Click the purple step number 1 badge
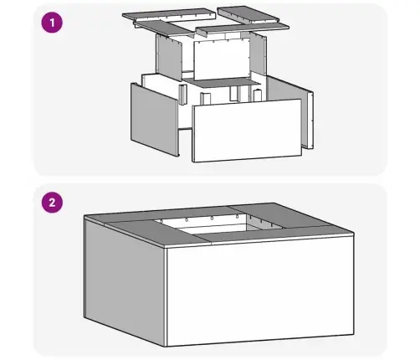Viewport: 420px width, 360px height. point(52,23)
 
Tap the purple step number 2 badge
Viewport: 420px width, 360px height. point(52,203)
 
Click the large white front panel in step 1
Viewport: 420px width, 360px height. point(247,130)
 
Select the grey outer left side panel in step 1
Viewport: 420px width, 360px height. point(154,119)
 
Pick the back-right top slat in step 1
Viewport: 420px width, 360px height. point(248,14)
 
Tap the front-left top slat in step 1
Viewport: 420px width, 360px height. point(164,28)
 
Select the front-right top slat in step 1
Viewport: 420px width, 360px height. point(243,28)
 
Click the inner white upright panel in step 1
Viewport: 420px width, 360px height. point(222,59)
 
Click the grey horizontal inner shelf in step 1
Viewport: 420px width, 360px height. point(222,82)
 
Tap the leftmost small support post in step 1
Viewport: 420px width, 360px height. point(182,95)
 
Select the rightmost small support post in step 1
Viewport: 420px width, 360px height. point(257,95)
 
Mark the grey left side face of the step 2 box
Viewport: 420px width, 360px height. point(125,282)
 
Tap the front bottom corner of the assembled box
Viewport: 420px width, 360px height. point(166,347)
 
